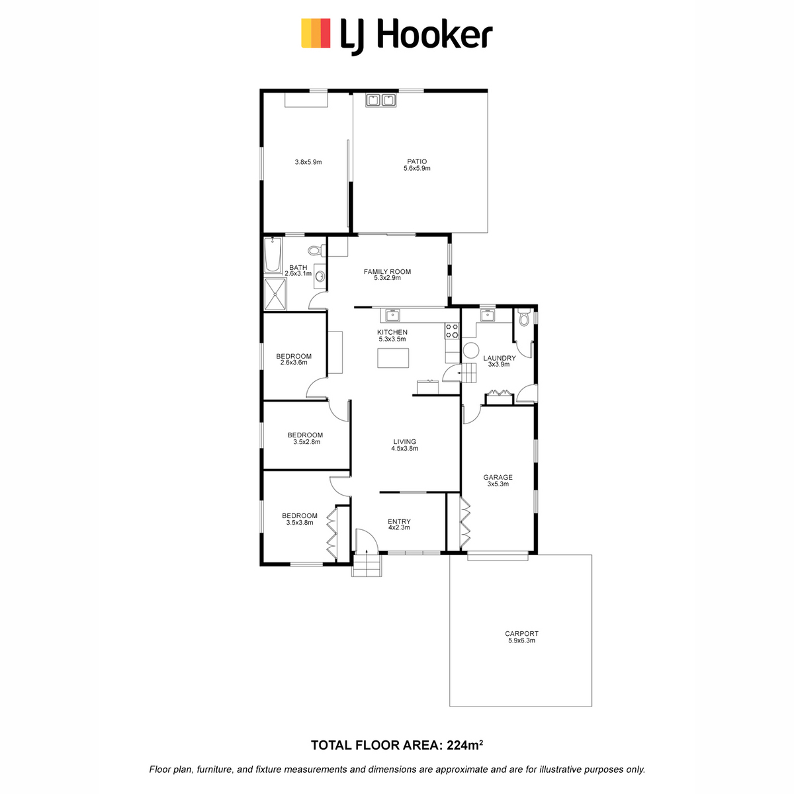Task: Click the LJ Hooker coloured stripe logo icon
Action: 316,33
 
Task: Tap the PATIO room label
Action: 417,161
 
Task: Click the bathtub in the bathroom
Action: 273,255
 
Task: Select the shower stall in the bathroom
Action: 275,294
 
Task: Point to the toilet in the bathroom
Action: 316,249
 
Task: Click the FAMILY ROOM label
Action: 387,271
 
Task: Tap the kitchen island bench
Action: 393,358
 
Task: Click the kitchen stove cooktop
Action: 452,331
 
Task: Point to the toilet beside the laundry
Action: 523,318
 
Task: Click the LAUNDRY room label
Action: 499,358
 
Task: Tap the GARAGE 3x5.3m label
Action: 498,480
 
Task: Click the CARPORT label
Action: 521,634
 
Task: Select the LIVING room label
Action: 404,442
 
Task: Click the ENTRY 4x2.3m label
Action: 399,524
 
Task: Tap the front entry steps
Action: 367,565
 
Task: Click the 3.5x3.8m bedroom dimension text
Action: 300,523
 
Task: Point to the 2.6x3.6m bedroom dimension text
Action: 294,363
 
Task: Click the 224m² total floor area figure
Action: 464,745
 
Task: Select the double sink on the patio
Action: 380,100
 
